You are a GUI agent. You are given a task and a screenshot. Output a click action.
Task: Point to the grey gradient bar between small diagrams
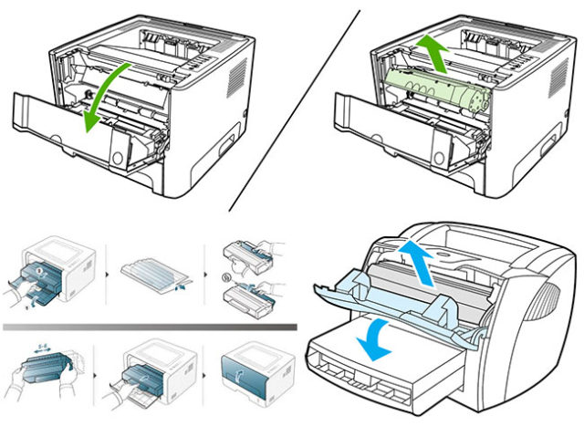pyautogui.click(x=150, y=324)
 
